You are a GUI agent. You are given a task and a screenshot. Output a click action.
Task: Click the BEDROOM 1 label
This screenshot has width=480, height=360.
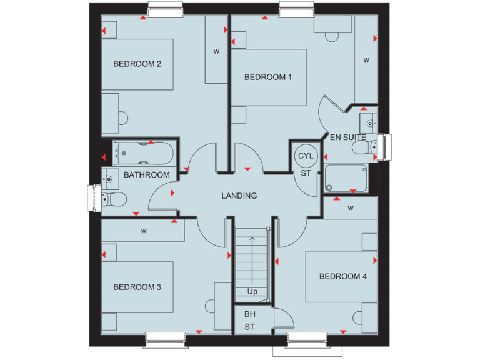pos(267,77)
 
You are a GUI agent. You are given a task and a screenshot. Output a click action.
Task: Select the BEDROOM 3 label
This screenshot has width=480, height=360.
pos(137,287)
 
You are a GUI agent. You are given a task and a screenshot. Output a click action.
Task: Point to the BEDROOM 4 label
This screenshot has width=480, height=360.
pos(342,276)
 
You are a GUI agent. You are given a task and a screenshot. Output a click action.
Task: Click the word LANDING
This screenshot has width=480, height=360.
pos(239,196)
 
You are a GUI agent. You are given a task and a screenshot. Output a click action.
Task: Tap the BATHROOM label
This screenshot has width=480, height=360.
pos(146,175)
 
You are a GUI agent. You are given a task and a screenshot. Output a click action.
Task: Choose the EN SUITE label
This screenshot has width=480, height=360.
pos(347,137)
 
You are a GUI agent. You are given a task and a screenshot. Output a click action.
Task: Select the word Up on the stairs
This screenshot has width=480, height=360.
pos(252,292)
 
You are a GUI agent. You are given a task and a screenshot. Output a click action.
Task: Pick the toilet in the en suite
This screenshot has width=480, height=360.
pos(362,147)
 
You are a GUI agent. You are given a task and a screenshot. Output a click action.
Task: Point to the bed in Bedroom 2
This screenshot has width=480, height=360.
pos(137,64)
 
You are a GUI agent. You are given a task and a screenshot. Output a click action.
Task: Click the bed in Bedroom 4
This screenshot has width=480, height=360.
pos(341,276)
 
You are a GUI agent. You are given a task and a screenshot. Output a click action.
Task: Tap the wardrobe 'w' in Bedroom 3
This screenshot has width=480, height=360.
pos(143,231)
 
